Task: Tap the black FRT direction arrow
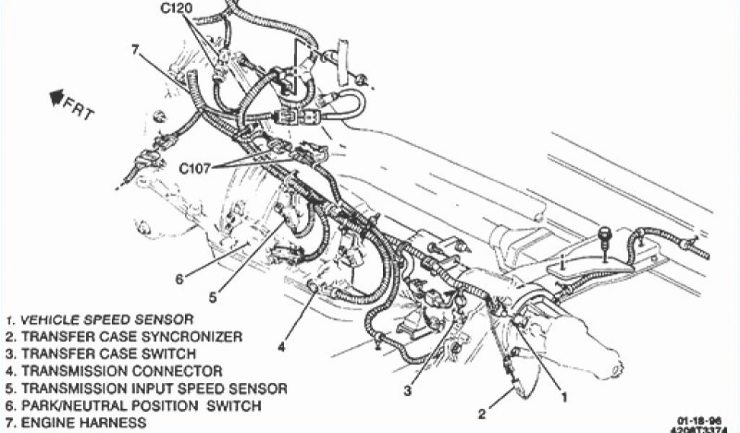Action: (x=56, y=96)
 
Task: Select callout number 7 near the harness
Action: (x=135, y=50)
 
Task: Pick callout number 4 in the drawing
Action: (x=281, y=346)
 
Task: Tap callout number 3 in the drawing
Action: (x=408, y=390)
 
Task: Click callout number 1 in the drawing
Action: (x=564, y=395)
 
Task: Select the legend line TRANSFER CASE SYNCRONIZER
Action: (x=123, y=336)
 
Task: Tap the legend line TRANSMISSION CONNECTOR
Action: (x=113, y=371)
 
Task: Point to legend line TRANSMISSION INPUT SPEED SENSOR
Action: (x=145, y=388)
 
